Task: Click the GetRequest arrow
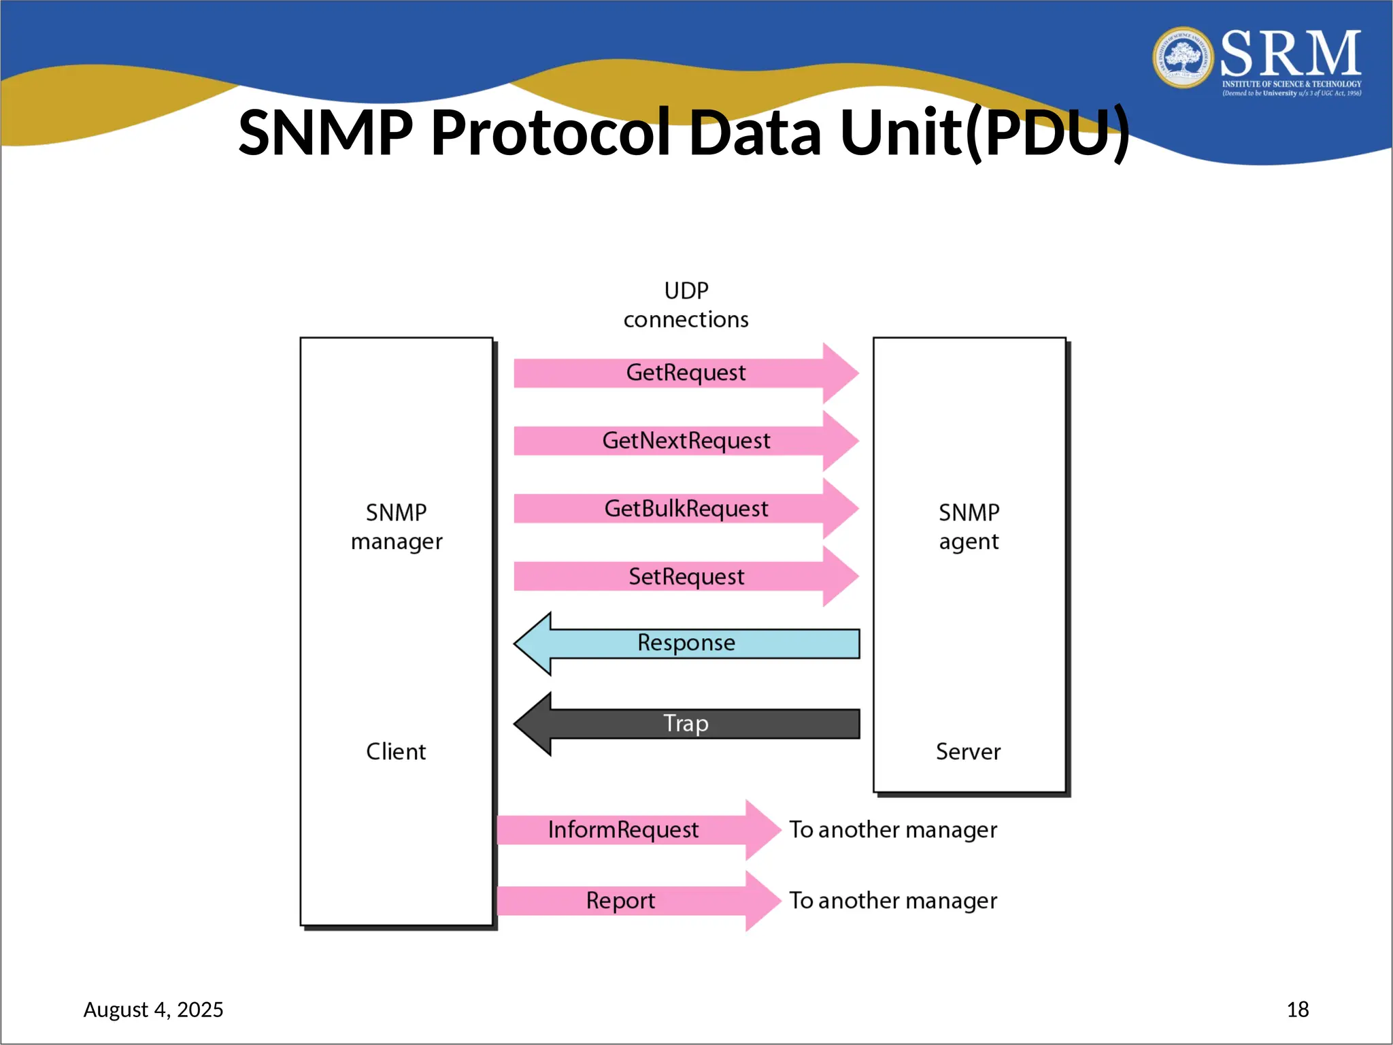pyautogui.click(x=686, y=373)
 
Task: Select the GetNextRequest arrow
pyautogui.click(x=686, y=441)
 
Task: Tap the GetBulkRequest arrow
pyautogui.click(x=686, y=509)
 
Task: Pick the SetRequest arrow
pyautogui.click(x=686, y=577)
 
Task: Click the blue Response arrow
pyautogui.click(x=686, y=643)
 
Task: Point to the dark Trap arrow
pyautogui.click(x=686, y=723)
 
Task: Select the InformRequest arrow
pyautogui.click(x=623, y=830)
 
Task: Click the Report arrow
pyautogui.click(x=620, y=901)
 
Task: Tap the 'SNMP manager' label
pyautogui.click(x=397, y=527)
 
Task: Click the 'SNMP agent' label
pyautogui.click(x=969, y=527)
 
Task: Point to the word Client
pyautogui.click(x=396, y=752)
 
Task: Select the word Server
pyautogui.click(x=968, y=752)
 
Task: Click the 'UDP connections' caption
pyautogui.click(x=686, y=305)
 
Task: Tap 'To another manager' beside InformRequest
pyautogui.click(x=893, y=830)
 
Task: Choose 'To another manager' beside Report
pyautogui.click(x=893, y=901)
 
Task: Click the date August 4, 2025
pyautogui.click(x=153, y=1010)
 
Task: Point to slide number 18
pyautogui.click(x=1297, y=1010)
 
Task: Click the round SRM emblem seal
pyautogui.click(x=1183, y=58)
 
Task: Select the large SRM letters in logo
pyautogui.click(x=1290, y=54)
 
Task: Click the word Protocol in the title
pyautogui.click(x=550, y=133)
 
